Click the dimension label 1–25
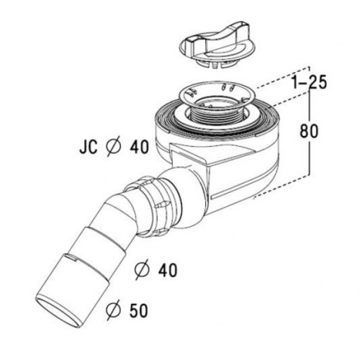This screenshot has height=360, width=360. (x=310, y=83)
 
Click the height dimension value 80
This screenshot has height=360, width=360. (x=309, y=131)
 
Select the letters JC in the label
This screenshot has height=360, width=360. (x=89, y=146)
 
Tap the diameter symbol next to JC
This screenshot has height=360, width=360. (x=113, y=146)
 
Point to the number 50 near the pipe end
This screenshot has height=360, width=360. (x=138, y=310)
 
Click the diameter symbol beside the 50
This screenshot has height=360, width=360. (x=114, y=310)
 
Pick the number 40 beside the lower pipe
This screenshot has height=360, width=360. (x=168, y=270)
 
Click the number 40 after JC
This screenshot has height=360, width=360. (x=139, y=146)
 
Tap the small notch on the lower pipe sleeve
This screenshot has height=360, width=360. (x=70, y=258)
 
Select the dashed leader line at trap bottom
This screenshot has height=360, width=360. (x=281, y=186)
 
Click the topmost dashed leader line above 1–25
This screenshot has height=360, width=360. (x=283, y=77)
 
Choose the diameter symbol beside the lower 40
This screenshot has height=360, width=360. (x=143, y=270)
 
